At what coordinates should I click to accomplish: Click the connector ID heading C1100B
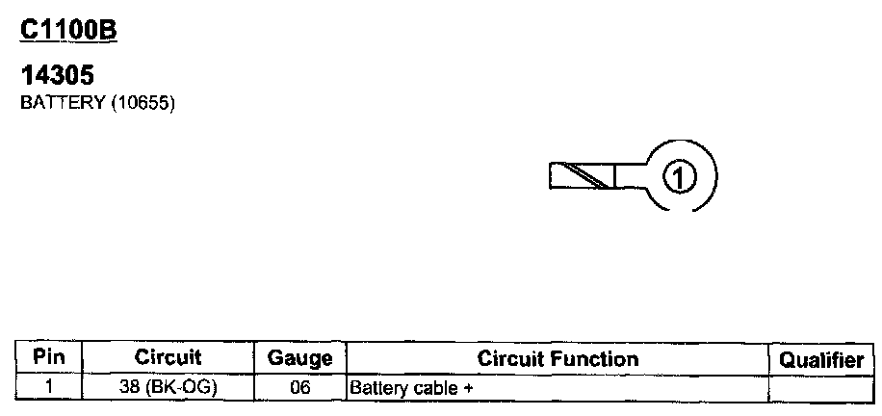[x=68, y=32]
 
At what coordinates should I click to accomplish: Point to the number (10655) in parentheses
[x=143, y=104]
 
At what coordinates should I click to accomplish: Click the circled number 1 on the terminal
[x=681, y=176]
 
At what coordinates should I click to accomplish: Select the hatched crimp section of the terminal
[x=581, y=175]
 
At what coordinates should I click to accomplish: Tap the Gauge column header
[x=299, y=359]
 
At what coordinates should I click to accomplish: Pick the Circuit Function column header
[x=558, y=359]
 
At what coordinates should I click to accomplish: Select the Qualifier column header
[x=820, y=359]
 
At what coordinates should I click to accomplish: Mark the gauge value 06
[x=298, y=388]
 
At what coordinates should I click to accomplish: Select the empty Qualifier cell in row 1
[x=820, y=388]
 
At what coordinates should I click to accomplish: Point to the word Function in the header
[x=598, y=359]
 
